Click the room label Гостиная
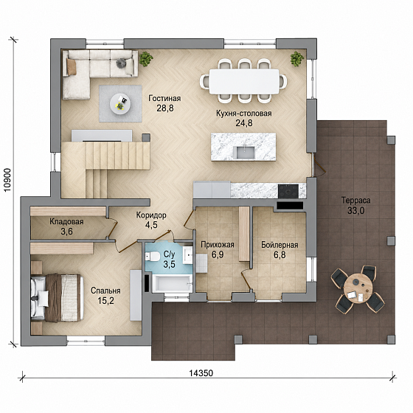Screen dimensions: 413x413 [x=164, y=99]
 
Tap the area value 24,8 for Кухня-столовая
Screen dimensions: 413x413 [x=244, y=123]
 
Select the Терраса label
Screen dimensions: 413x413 [x=355, y=201]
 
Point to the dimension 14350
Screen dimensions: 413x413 [x=201, y=373]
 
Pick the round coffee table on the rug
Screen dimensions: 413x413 [x=120, y=104]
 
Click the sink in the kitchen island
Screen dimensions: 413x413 [x=244, y=153]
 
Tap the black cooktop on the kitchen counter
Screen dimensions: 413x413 [x=288, y=191]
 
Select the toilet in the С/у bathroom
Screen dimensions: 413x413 [x=153, y=257]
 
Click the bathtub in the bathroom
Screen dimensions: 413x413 [x=173, y=283]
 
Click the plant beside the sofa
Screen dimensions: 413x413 [x=146, y=59]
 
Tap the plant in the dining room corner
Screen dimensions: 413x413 [x=297, y=59]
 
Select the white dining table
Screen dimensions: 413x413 [x=244, y=81]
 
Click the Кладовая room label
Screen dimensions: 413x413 [x=66, y=222]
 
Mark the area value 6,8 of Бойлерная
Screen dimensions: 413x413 [x=280, y=255]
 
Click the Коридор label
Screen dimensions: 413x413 [x=151, y=215]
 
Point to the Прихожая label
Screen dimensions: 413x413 [x=218, y=245]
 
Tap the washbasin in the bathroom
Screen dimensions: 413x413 [x=188, y=255]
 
